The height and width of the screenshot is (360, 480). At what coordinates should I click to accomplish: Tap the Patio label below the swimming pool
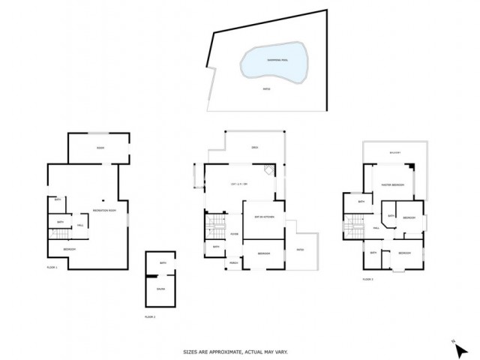pos(266,88)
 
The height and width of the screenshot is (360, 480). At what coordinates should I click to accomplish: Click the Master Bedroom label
pos(393,185)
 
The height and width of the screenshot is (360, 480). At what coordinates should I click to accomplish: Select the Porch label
pos(233,262)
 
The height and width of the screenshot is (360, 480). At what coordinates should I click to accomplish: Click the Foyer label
pos(234,234)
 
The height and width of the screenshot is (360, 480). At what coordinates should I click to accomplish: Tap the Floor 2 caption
pos(150,316)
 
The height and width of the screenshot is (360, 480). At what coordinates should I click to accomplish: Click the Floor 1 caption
pos(52,267)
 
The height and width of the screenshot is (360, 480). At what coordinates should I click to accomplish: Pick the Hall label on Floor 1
pos(80,225)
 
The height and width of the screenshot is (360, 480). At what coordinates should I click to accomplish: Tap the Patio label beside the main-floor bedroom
pos(300,249)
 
